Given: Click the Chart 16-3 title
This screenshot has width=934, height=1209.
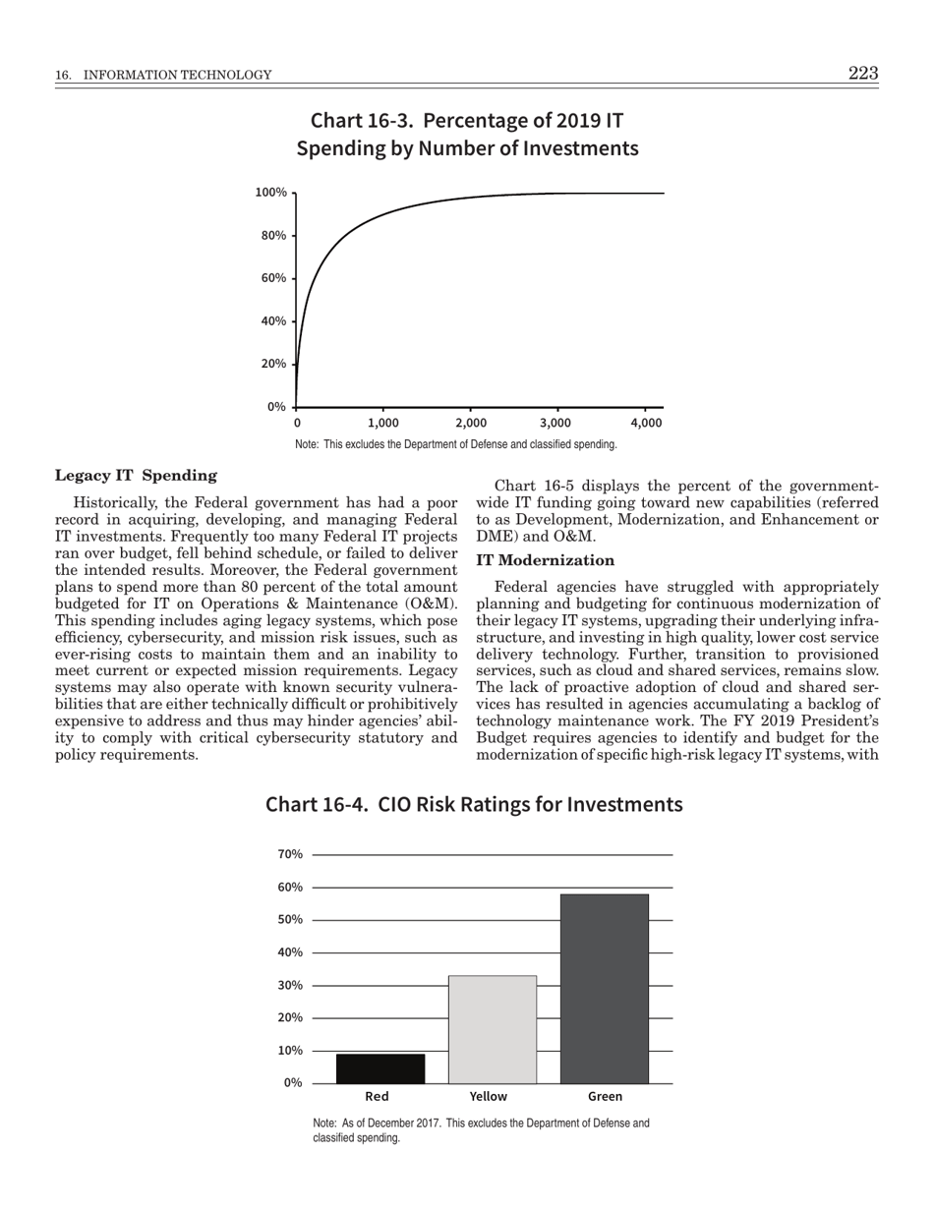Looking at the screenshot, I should click(x=467, y=135).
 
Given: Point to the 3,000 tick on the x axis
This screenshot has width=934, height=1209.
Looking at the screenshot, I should click(x=555, y=423).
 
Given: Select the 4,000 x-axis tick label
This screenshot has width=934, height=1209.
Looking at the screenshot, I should click(x=646, y=423).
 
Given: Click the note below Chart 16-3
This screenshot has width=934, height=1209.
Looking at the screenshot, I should click(x=456, y=445).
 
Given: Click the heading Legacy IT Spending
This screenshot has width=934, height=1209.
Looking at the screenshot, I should click(x=136, y=476).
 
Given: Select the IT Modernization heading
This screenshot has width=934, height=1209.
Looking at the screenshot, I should click(x=545, y=560).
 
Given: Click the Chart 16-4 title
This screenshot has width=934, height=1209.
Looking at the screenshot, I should click(x=474, y=805).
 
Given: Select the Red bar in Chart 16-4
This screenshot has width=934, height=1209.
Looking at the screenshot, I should click(x=380, y=1068).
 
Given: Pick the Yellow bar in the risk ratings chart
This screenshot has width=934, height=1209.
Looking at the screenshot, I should click(x=493, y=1029).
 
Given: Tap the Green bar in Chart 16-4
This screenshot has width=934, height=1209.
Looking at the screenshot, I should click(x=605, y=988).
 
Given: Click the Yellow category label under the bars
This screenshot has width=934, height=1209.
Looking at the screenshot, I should click(x=489, y=1097).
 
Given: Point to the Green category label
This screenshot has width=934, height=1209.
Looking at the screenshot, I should click(x=605, y=1097).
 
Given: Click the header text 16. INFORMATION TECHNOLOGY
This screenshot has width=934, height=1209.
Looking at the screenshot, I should click(x=163, y=76).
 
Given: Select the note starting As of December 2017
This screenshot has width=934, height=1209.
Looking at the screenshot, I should click(x=481, y=1130).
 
